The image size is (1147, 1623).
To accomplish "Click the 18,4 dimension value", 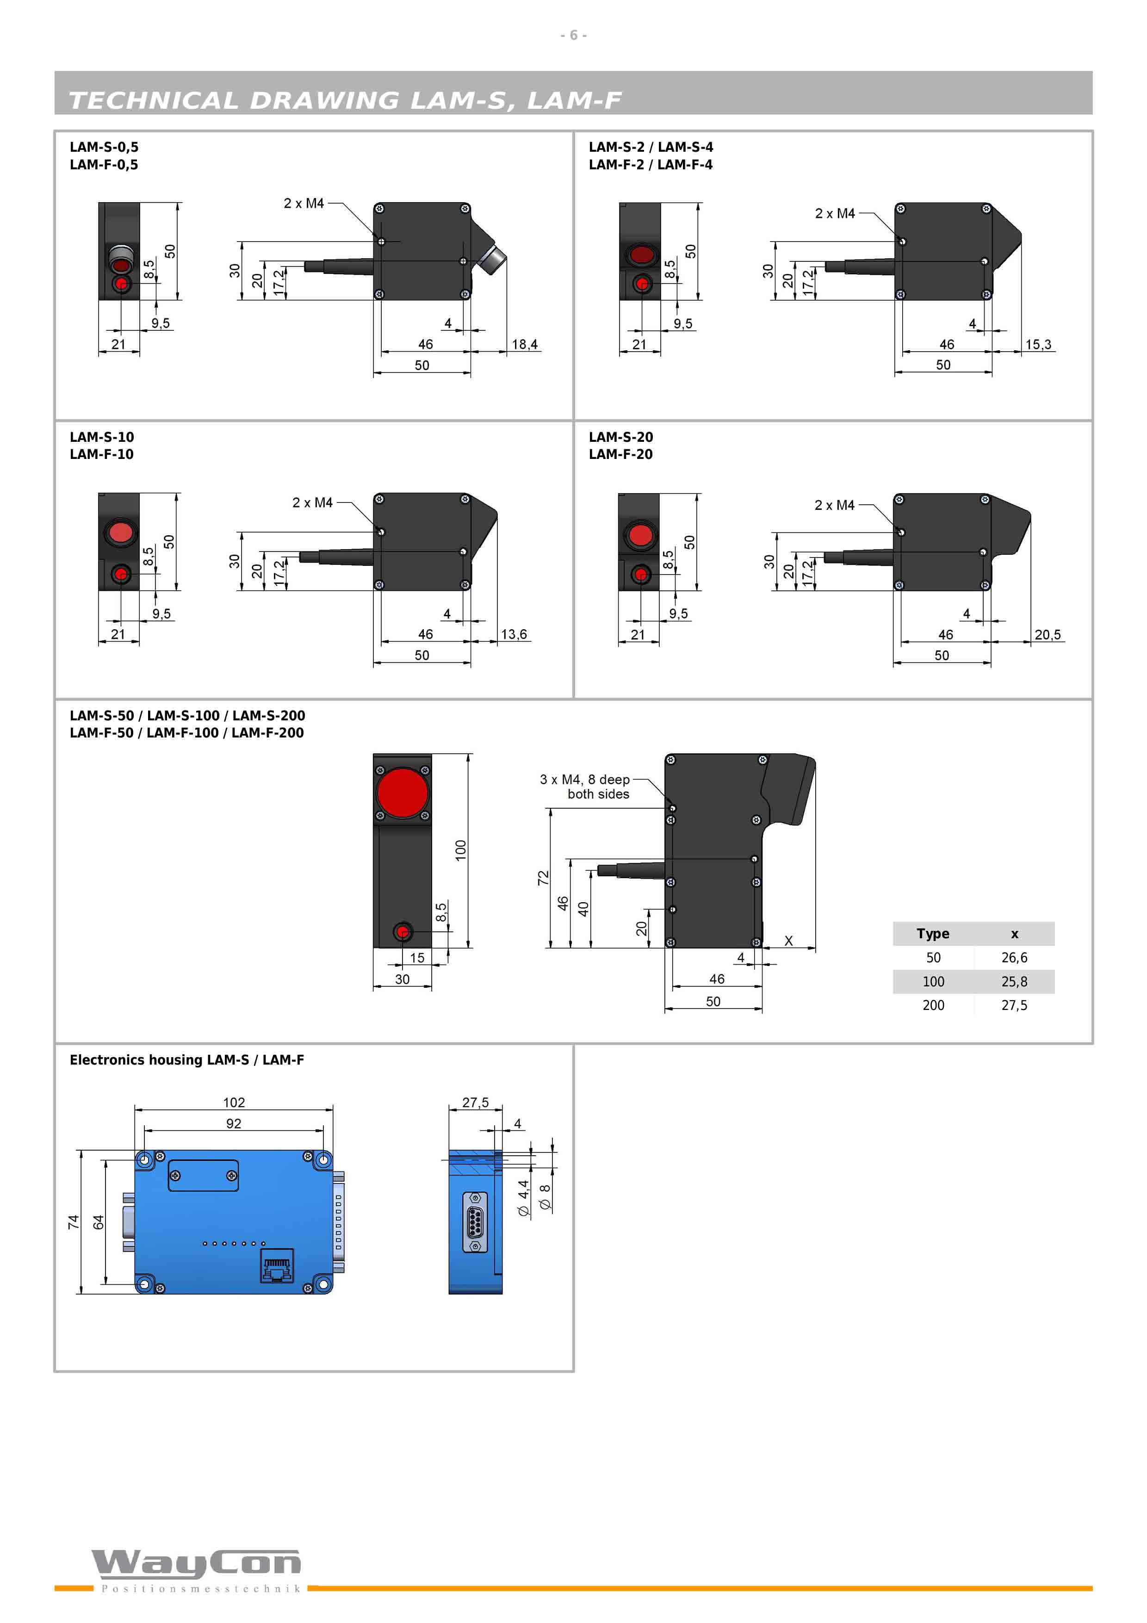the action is [524, 344].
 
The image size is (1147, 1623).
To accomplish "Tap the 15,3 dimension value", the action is [1038, 344].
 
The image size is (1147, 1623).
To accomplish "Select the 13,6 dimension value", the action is [514, 634].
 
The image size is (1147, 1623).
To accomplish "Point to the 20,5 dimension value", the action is [1048, 635].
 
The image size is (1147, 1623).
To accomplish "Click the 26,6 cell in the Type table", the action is [1014, 958].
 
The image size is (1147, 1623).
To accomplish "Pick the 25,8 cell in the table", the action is [1014, 982].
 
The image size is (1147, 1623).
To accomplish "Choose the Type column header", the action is [933, 934].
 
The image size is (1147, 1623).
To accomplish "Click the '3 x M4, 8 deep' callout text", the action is [584, 780].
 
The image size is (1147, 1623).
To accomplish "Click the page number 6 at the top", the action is [574, 35].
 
